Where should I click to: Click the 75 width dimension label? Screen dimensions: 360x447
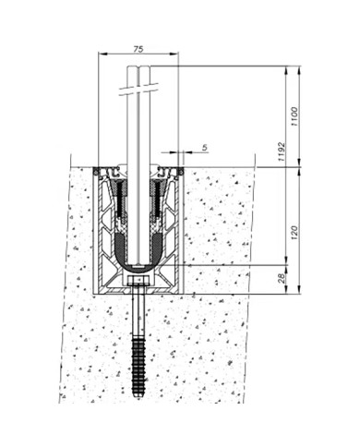pos(138,49)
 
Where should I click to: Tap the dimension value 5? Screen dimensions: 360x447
pos(205,148)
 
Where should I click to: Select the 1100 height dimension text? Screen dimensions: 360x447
pos(294,116)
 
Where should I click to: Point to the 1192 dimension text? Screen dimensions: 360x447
pos(282,152)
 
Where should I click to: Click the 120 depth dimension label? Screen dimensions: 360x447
pos(294,233)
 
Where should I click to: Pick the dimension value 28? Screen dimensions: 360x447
pos(282,279)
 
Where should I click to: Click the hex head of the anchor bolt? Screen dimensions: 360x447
pos(138,280)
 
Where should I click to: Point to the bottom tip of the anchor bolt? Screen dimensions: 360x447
pos(138,399)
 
